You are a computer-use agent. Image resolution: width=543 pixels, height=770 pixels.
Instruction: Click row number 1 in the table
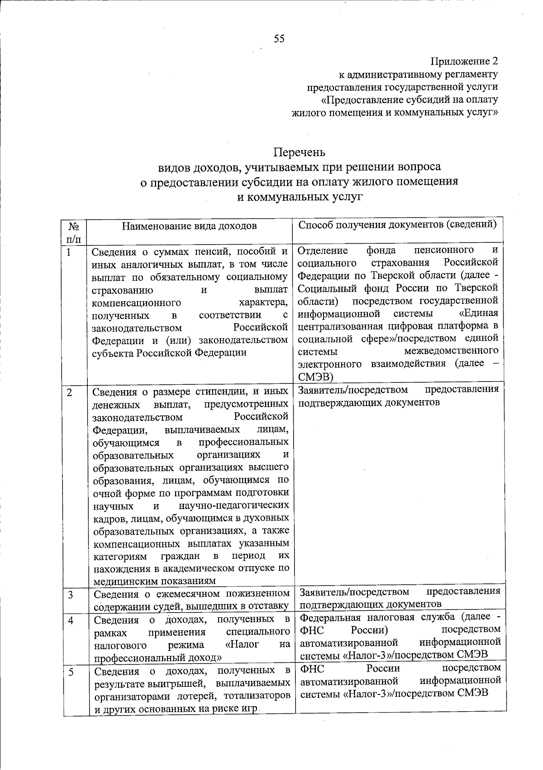[x=68, y=252]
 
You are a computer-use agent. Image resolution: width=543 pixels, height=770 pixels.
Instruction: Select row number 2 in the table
[x=69, y=392]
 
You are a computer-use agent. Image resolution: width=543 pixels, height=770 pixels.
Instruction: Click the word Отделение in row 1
[x=323, y=250]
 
